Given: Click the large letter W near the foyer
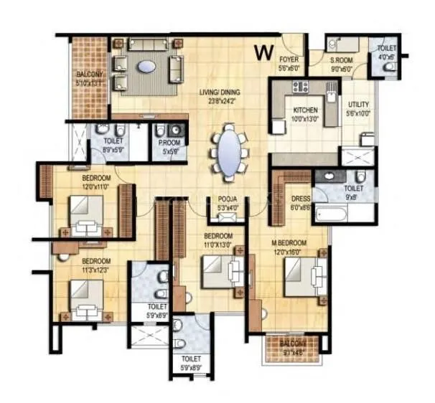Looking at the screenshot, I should click(263, 52).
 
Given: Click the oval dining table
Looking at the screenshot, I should click(229, 151).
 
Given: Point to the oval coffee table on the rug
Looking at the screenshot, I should click(146, 67).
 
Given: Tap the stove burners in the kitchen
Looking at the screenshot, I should click(300, 87).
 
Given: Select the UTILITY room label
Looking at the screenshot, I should click(359, 105).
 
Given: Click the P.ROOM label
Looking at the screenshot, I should click(170, 143).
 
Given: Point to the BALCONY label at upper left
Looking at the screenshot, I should click(90, 75).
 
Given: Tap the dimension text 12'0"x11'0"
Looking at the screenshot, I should click(96, 186).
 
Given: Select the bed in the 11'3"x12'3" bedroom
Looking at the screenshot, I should click(86, 300).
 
